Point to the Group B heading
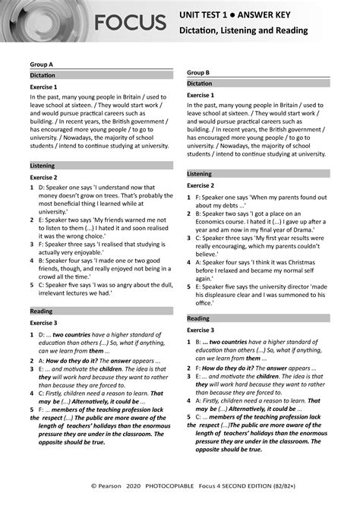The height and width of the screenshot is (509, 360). coord(198,72)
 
